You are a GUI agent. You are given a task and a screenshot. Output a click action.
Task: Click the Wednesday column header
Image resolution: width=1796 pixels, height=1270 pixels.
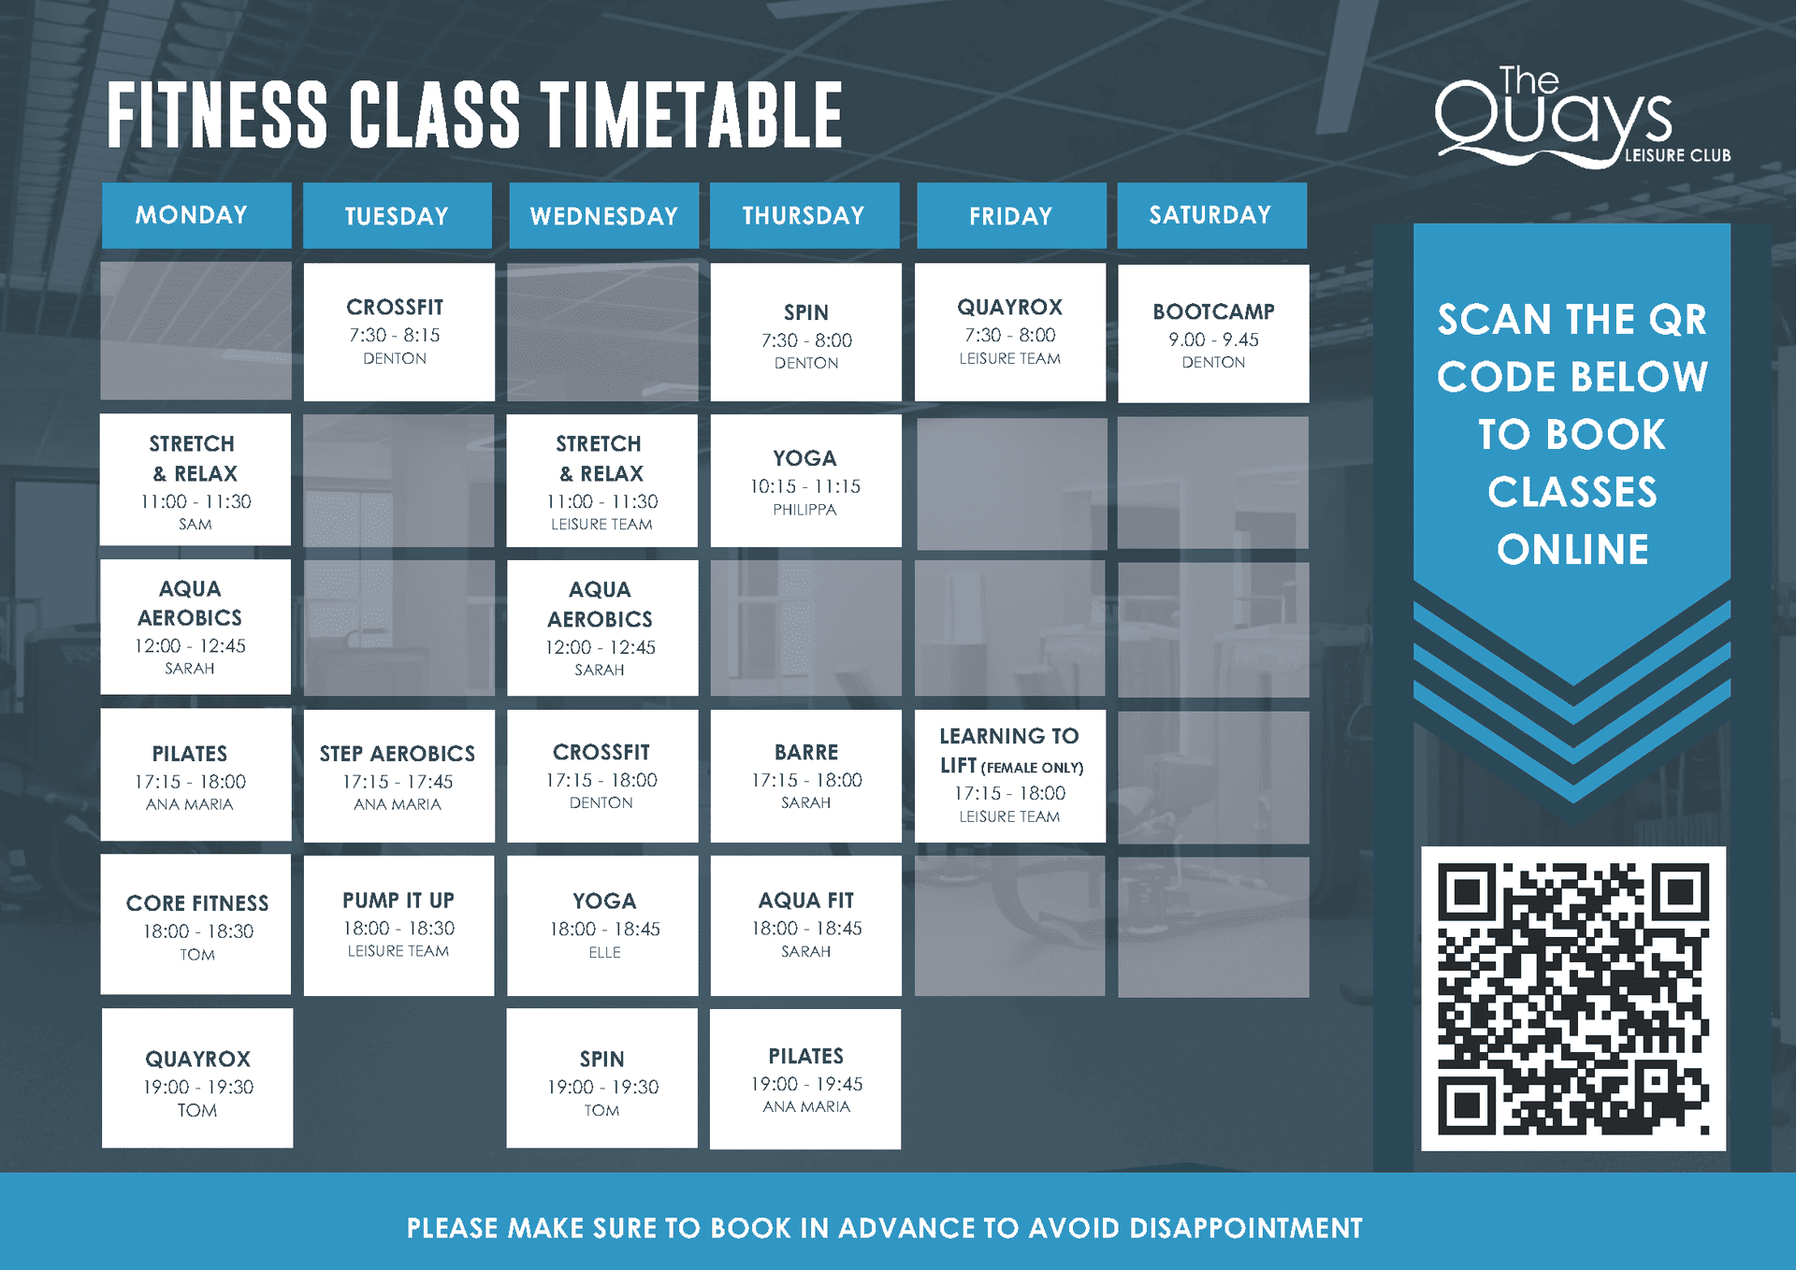(603, 215)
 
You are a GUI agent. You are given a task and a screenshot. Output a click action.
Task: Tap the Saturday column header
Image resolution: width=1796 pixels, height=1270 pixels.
(1211, 215)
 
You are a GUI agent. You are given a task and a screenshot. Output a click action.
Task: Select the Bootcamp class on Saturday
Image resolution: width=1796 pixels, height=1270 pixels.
(1213, 334)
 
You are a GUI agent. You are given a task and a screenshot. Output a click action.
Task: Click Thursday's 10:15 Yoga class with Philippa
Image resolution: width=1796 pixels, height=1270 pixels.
(805, 481)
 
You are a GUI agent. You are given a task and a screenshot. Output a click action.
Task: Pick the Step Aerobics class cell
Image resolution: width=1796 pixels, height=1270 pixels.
(398, 776)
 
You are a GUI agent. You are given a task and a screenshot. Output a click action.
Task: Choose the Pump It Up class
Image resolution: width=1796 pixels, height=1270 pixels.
(398, 925)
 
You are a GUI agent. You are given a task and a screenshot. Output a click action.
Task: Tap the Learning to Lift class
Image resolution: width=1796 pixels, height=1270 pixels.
(1010, 776)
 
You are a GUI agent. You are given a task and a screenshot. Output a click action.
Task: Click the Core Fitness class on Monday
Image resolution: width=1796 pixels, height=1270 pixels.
(196, 924)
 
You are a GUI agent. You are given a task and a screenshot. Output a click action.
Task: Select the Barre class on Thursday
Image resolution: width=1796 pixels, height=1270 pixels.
(805, 776)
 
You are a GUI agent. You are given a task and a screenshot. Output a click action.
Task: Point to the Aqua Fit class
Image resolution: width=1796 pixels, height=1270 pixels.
(805, 925)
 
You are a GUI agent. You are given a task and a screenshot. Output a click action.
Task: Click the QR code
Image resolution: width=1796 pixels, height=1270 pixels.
(1573, 998)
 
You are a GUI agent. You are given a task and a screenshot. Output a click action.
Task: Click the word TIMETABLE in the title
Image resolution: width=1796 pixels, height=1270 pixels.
(693, 115)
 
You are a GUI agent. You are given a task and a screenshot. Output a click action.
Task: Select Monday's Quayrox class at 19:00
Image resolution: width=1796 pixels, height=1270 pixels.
(197, 1078)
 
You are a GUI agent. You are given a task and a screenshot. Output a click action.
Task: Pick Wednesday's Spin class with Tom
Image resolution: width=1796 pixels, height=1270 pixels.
(601, 1078)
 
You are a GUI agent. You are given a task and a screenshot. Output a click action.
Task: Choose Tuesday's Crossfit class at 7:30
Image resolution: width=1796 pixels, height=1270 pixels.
(398, 332)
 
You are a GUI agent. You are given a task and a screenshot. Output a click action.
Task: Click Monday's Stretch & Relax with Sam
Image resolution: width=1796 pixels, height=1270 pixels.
(195, 480)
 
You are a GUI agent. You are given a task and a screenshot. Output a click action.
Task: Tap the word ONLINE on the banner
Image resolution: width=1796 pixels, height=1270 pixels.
(1572, 549)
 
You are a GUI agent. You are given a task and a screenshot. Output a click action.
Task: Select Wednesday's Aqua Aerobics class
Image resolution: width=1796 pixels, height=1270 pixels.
(601, 628)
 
